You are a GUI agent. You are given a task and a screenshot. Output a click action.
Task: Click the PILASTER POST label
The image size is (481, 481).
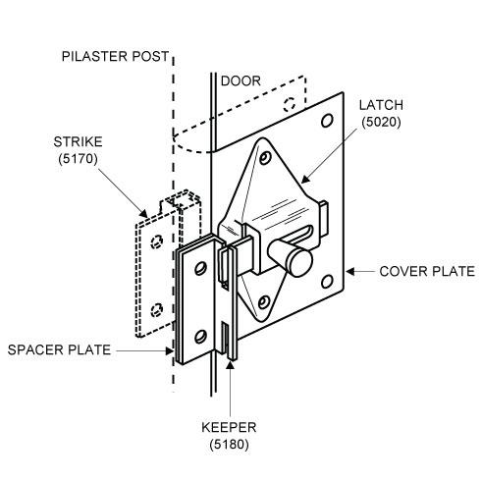[115, 56]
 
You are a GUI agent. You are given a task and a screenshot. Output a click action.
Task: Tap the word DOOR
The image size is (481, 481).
[240, 81]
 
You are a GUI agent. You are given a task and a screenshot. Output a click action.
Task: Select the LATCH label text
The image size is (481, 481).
[381, 105]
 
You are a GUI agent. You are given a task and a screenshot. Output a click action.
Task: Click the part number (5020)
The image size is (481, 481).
[381, 122]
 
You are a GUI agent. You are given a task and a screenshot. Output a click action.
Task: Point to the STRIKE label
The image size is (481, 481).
[78, 142]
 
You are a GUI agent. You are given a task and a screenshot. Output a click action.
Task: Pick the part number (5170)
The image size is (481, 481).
[78, 159]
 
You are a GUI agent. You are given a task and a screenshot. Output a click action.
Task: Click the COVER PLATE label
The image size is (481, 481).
[427, 271]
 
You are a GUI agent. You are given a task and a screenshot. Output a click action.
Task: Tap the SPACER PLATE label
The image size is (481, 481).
[59, 349]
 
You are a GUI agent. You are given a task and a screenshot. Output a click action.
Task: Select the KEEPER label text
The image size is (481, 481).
[229, 427]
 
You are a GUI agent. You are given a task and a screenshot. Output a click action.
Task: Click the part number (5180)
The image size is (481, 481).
[229, 445]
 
